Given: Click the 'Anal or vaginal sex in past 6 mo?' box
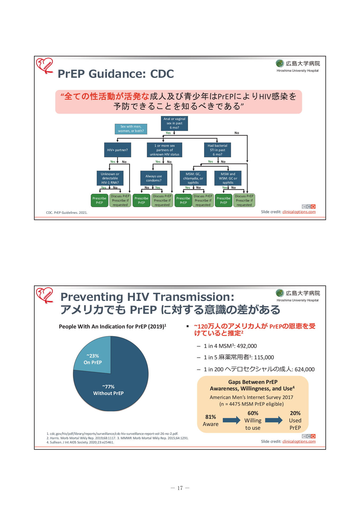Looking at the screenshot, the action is coord(174,123).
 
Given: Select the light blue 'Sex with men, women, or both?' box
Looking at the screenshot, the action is coord(131,129).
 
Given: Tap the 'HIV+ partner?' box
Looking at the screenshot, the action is coord(117,150).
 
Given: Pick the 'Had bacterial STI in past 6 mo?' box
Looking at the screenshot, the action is coord(217,150).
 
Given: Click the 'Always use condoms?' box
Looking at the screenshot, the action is coord(153,178).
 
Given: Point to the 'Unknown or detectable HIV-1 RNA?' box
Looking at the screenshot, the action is coord(110,178).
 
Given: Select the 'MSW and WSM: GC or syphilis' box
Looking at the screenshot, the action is coord(228,178).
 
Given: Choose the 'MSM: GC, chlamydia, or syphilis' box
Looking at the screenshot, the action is coord(193,178).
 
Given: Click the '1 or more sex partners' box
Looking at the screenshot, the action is coord(165,150).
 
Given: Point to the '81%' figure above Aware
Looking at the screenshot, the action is coord(210,417).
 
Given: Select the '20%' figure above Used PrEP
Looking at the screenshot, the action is coord(295,413).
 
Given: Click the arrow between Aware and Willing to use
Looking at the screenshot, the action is coord(231,420).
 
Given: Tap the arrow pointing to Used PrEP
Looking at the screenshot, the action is coord(274,420).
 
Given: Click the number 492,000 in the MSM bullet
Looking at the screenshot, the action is coord(247,346).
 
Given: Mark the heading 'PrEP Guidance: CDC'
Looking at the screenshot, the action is coord(116,74).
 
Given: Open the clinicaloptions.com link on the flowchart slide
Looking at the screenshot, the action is coord(299,212).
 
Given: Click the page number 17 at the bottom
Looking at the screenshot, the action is coord(180,488).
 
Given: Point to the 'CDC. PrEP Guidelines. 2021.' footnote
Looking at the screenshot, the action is coord(67,213).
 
